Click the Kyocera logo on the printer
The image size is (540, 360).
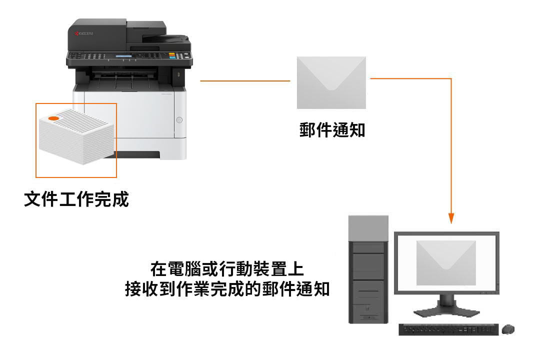click(x=83, y=33)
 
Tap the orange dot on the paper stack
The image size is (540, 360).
click(x=53, y=118)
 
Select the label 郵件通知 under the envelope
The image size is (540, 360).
click(x=332, y=130)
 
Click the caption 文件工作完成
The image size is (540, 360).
click(x=76, y=199)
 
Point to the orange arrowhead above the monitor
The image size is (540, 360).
click(x=451, y=218)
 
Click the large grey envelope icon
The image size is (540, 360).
click(x=331, y=82)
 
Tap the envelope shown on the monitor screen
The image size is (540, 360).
click(x=446, y=263)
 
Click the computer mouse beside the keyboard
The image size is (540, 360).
click(x=508, y=329)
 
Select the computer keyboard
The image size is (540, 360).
click(x=448, y=329)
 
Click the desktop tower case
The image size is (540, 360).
click(x=368, y=269)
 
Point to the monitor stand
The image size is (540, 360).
click(x=446, y=306)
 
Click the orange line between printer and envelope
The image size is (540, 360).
click(x=245, y=81)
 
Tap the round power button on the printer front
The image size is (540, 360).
click(x=179, y=120)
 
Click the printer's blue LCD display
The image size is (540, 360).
click(x=123, y=56)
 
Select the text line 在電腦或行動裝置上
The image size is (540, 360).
click(x=227, y=269)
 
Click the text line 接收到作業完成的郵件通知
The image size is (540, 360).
click(x=227, y=288)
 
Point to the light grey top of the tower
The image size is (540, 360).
click(x=368, y=228)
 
